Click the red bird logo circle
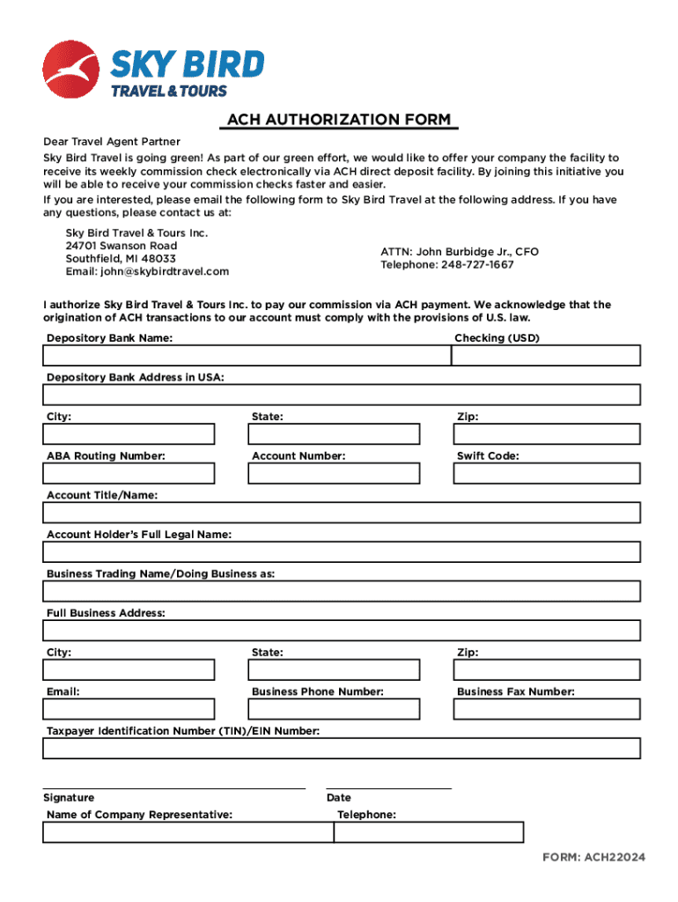tap(71, 70)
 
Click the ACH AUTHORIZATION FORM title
tap(339, 120)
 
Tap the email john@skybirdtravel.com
tap(147, 271)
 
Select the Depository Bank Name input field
tap(247, 355)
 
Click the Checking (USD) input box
tap(546, 355)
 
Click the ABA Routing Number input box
tap(129, 473)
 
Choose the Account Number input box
tap(334, 473)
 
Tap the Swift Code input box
tap(546, 473)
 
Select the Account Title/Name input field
tap(342, 513)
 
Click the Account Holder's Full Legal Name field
tap(342, 552)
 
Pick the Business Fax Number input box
tap(546, 709)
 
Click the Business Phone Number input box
tap(334, 709)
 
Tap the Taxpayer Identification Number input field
tap(342, 748)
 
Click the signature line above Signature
tap(174, 787)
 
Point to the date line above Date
tap(388, 787)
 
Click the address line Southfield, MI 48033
tap(121, 259)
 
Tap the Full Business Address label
tap(106, 613)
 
